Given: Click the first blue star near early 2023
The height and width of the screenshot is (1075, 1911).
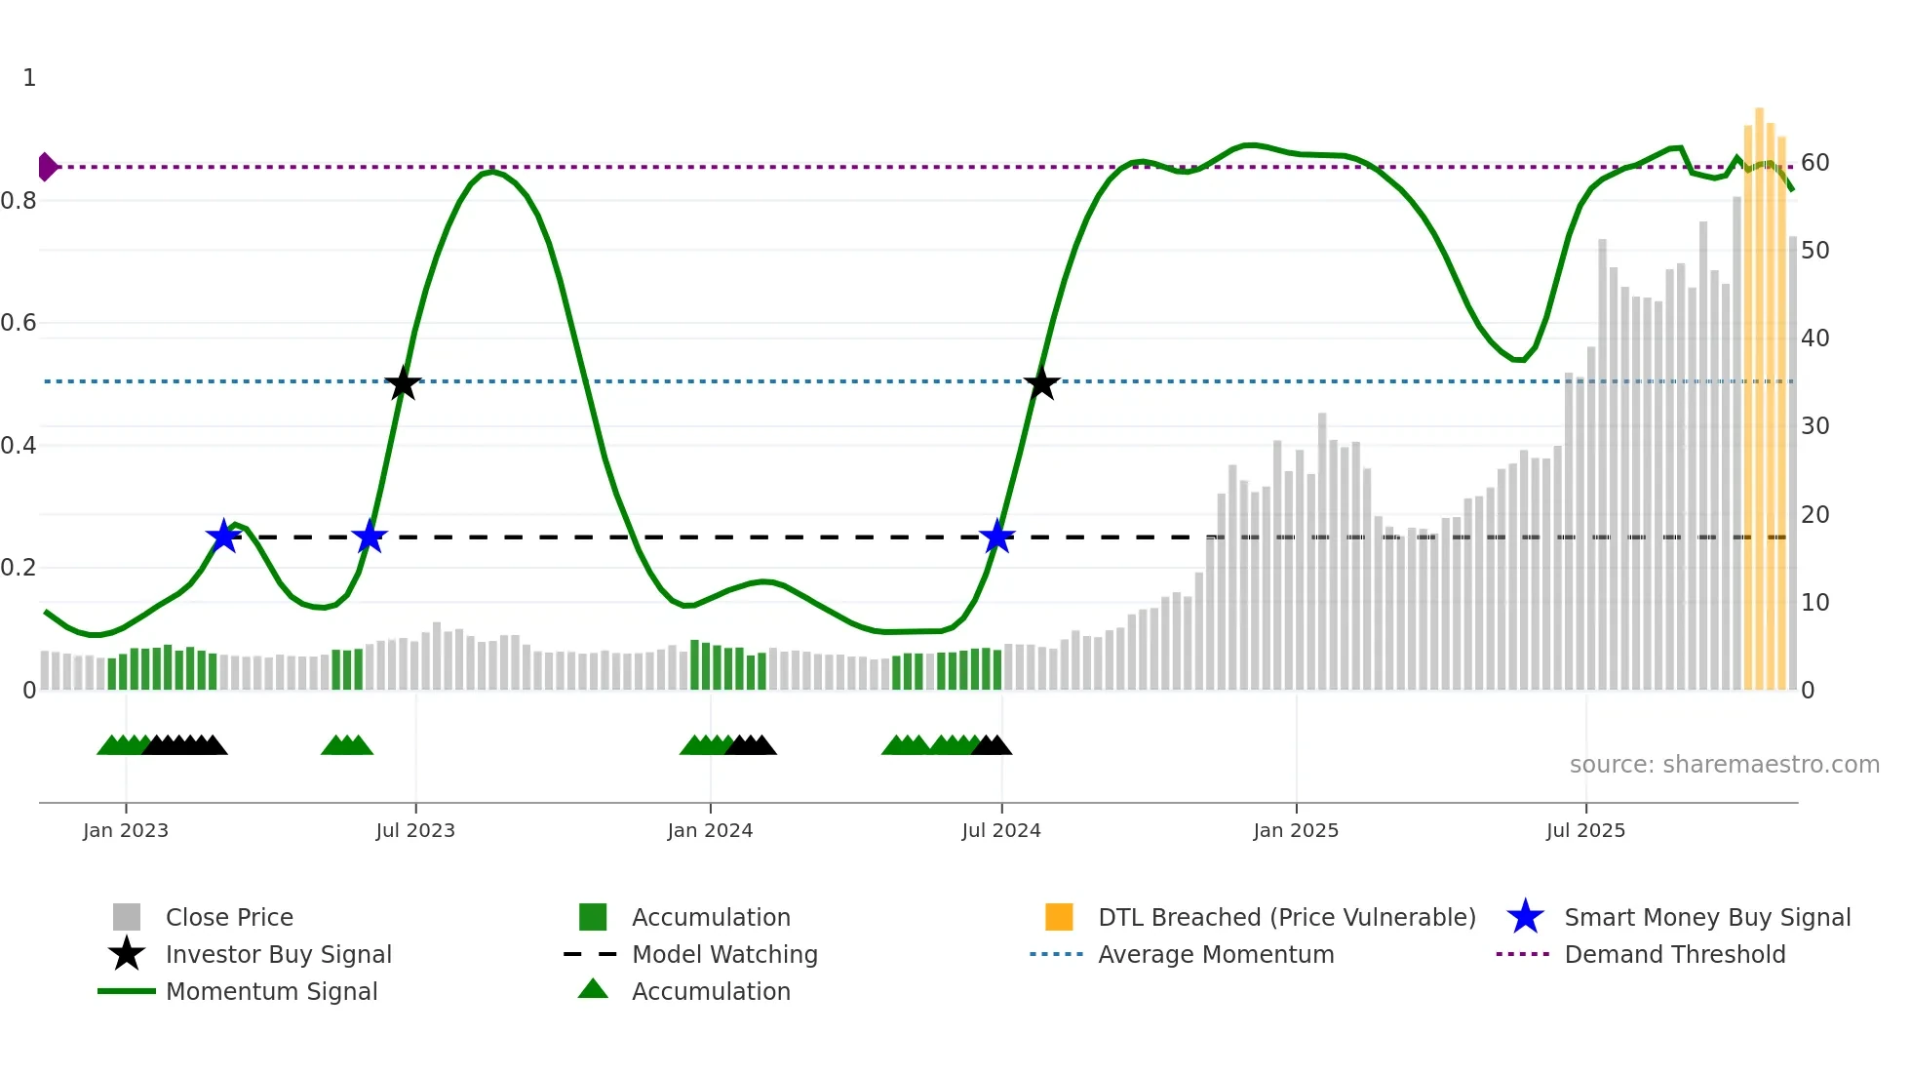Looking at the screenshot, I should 224,537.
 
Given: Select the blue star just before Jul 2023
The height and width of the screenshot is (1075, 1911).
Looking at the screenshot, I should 370,537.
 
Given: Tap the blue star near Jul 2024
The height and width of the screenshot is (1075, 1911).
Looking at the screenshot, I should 996,537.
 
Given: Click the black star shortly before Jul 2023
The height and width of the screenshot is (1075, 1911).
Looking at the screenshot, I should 403,383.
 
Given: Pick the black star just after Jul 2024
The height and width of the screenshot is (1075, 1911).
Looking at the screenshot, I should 1041,383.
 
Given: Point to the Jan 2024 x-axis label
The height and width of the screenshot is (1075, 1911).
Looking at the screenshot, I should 710,830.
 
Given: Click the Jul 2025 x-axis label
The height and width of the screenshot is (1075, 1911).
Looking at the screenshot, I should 1585,830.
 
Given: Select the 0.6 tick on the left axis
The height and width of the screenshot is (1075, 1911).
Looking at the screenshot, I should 19,323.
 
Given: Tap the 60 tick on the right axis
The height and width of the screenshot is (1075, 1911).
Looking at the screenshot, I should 1814,163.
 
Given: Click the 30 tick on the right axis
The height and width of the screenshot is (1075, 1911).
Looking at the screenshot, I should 1814,426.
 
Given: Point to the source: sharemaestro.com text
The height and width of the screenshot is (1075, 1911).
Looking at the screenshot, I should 1724,765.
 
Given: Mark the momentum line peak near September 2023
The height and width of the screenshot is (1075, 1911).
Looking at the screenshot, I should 492,172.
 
